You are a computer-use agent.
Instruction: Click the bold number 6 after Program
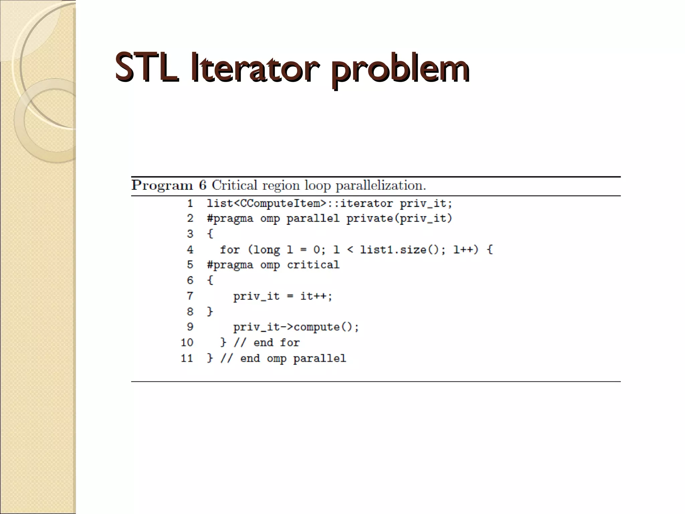click(203, 185)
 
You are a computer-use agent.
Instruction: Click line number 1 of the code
click(190, 203)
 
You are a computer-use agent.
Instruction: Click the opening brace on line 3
click(210, 234)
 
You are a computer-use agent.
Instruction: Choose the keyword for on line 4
click(230, 250)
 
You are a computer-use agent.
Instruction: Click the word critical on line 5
click(313, 265)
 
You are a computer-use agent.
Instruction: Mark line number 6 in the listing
click(190, 280)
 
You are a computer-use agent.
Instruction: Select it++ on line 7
click(316, 296)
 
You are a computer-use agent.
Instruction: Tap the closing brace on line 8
click(210, 312)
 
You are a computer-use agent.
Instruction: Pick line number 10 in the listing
click(187, 342)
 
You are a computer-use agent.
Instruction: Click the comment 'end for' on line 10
click(276, 343)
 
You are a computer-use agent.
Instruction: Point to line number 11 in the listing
click(187, 358)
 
